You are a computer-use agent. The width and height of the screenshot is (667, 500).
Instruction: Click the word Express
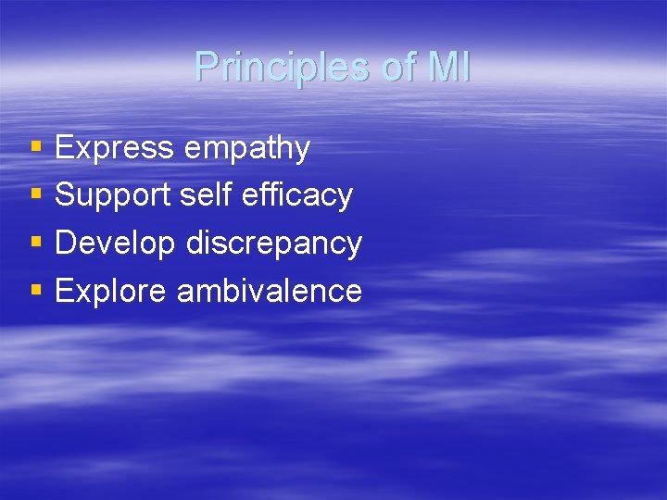click(114, 148)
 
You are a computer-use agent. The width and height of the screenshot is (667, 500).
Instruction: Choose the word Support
click(113, 196)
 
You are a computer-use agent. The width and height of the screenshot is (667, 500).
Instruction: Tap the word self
click(204, 195)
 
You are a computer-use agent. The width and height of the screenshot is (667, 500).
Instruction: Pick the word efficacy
click(296, 196)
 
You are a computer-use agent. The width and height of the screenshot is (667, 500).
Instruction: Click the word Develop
click(116, 244)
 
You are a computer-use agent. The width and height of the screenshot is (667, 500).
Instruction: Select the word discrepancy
click(273, 244)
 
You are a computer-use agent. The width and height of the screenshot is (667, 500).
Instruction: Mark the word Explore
click(111, 292)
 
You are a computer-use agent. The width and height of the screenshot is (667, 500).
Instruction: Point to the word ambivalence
click(269, 292)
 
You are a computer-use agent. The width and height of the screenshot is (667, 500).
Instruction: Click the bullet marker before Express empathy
click(36, 147)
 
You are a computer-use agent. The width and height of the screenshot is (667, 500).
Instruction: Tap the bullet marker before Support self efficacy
click(36, 194)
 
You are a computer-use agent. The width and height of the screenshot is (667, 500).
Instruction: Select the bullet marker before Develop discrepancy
click(36, 243)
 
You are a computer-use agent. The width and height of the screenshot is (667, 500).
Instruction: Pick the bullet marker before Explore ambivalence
click(36, 291)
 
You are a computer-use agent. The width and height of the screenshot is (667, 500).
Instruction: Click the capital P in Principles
click(206, 68)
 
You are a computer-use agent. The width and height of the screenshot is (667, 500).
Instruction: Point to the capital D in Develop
click(66, 243)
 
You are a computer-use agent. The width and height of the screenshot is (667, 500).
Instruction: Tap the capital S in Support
click(66, 195)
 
